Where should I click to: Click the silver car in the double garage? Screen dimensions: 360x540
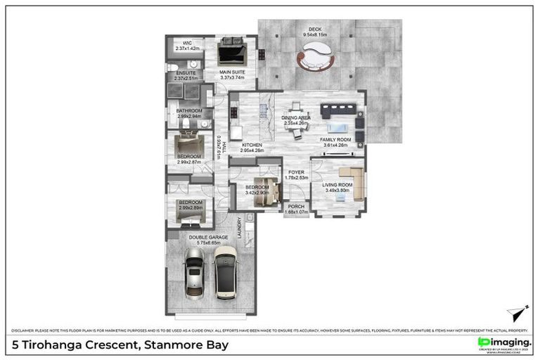coord(193,275)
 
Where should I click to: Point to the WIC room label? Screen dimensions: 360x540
coord(187,44)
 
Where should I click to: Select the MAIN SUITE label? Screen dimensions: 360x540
coord(231,72)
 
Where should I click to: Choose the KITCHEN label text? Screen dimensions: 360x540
coord(252,145)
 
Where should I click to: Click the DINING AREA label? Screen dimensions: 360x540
coord(296,118)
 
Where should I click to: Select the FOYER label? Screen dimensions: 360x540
coord(296,172)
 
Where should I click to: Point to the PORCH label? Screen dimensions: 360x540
coord(296,206)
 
